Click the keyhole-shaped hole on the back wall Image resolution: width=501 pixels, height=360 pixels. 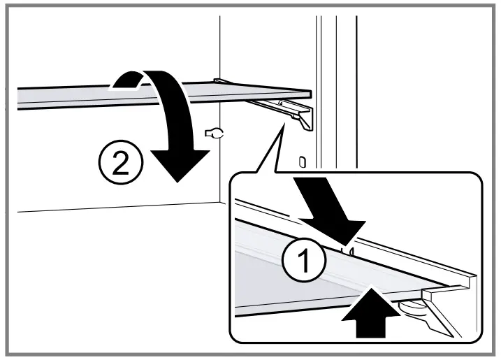coord(212,133)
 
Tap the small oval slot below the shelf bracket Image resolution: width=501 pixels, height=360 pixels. coord(301,162)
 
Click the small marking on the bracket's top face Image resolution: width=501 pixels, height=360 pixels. coord(281,103)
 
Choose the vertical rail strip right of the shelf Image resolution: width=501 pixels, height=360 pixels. coord(328,84)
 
